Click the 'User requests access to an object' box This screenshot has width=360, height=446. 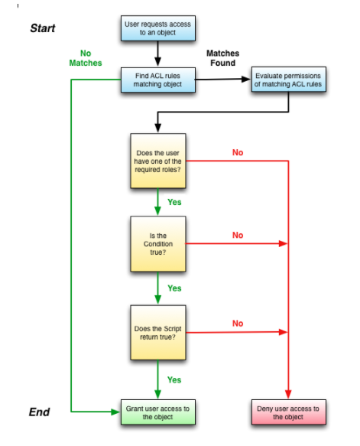pos(157,29)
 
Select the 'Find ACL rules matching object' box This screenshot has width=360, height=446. pos(157,79)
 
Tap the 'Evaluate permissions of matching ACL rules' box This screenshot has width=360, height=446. pos(289,80)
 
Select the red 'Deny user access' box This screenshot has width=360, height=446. pos(289,412)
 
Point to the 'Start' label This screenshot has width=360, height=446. pos(42,28)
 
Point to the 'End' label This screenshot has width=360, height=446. pos(39,412)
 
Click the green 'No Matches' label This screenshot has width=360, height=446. pos(85,58)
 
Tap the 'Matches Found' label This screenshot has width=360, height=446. pos(222,58)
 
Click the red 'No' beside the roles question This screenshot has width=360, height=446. pos(238,153)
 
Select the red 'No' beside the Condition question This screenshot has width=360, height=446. pos(238,236)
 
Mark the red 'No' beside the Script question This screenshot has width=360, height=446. pos(238,324)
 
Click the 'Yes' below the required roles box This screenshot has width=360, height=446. pos(174,203)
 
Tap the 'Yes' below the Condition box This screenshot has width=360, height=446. pos(174,288)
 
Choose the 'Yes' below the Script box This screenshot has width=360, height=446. pos(174,379)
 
